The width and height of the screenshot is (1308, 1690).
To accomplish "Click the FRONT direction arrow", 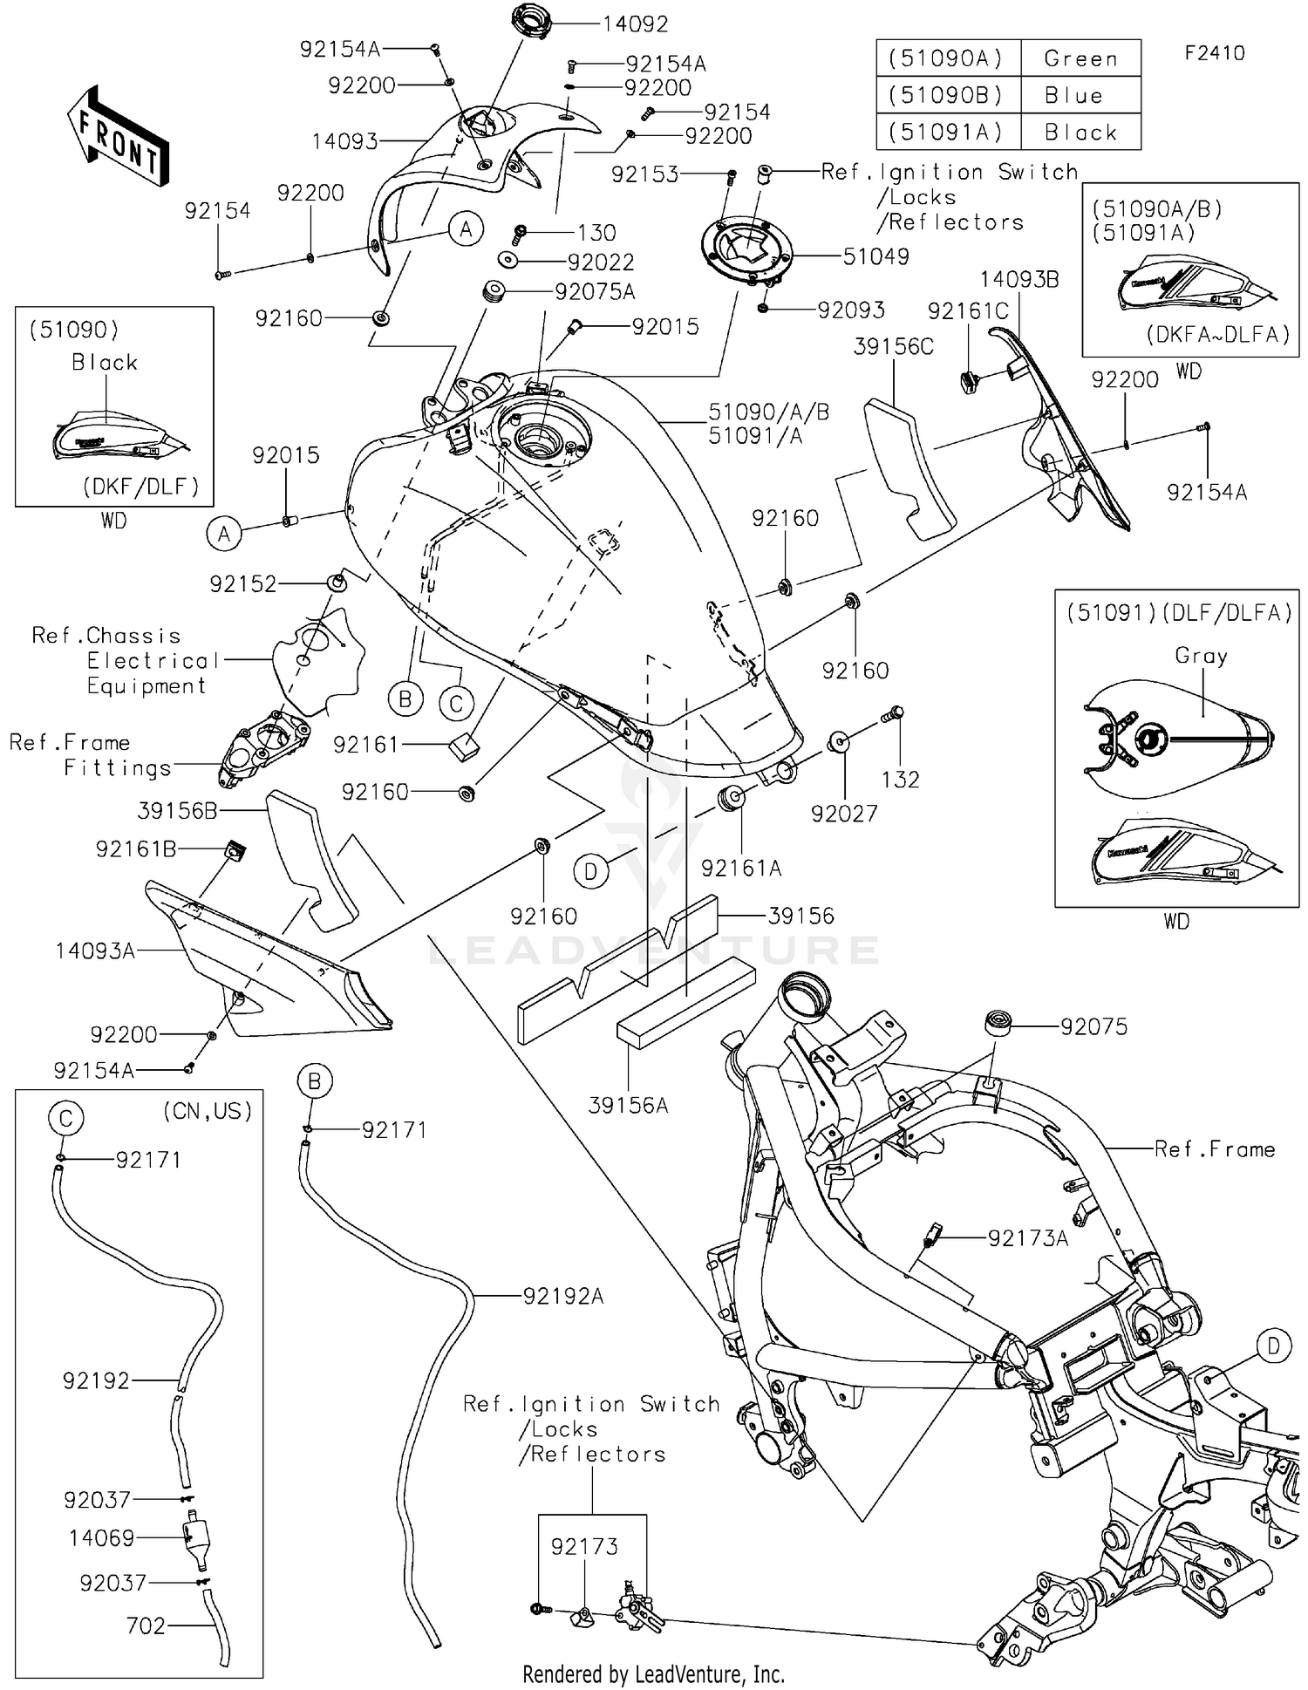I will pos(118,136).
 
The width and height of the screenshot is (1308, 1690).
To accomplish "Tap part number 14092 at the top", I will pos(635,24).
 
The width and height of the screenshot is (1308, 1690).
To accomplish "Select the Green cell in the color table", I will pos(1080,58).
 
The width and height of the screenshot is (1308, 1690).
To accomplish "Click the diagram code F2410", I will pos(1215,53).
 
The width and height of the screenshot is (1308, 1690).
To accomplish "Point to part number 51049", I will pos(875,256).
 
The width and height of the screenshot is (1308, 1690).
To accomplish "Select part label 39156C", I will pos(893,347).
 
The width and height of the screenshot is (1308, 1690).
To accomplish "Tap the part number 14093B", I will pos(1019,279).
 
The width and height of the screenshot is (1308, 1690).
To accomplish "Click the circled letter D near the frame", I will pos(1273,1346).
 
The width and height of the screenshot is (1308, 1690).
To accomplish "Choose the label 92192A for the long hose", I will pos(563,1296).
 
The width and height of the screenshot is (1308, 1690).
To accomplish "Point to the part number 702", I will pos(146,1625).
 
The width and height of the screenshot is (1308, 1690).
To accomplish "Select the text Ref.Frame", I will pos(1214,1149).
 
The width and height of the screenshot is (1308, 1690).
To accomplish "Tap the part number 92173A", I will pos(1027,1237).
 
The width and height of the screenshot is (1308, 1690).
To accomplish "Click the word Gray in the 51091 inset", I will pos(1201,655).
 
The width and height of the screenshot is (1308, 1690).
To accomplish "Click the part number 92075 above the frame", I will pos(1093,1026).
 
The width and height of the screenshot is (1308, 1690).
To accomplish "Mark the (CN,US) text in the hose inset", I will pos(208,1110).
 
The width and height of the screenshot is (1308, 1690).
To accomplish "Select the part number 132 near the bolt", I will pos(900,779).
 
